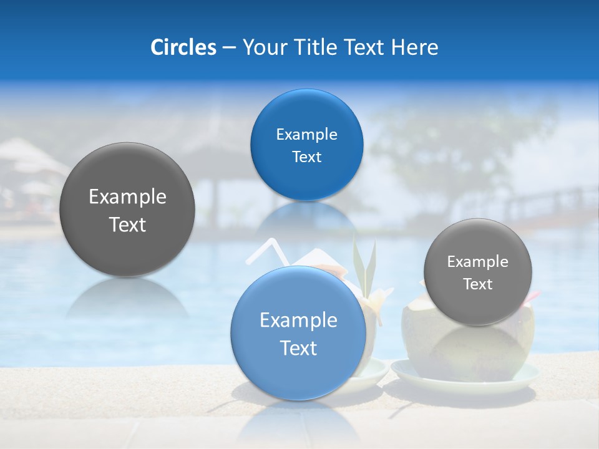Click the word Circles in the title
(183, 47)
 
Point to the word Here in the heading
(414, 47)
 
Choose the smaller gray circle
(477, 306)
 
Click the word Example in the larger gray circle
(127, 197)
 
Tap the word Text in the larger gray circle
(127, 224)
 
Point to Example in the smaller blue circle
(306, 135)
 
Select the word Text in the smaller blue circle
(306, 157)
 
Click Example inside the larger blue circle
(298, 321)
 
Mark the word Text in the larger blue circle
(298, 348)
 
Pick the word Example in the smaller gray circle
(477, 262)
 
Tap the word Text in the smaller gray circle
(477, 284)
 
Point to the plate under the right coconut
(464, 382)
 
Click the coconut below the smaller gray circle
(468, 349)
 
